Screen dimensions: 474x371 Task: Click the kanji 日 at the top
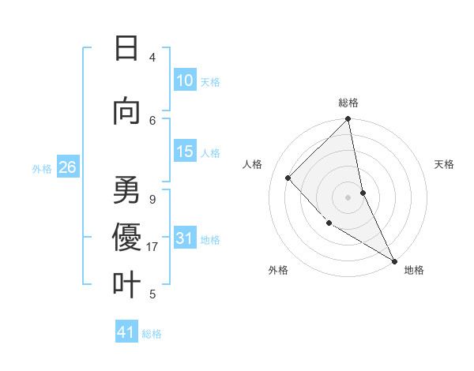(x=126, y=49)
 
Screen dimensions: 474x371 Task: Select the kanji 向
(x=126, y=113)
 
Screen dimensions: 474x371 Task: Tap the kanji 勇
(x=126, y=190)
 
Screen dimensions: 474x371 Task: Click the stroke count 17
(x=153, y=247)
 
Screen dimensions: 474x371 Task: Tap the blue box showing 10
(x=184, y=81)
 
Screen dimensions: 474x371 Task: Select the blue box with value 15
(x=184, y=152)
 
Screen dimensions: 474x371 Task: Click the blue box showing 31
(x=184, y=238)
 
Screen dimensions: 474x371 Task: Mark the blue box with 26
(x=67, y=167)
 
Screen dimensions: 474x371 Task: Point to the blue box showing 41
(x=126, y=332)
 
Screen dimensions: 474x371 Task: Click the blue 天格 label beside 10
(x=210, y=81)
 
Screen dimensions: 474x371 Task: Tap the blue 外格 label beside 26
(x=42, y=168)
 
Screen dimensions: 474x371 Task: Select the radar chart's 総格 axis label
(x=348, y=103)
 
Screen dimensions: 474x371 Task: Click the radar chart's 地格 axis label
(x=414, y=270)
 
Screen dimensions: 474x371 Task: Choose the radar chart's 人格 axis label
(x=253, y=164)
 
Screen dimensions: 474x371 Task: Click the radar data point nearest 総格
(x=348, y=120)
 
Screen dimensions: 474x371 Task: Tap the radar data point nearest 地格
(x=393, y=260)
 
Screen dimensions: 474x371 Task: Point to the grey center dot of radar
(x=348, y=197)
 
